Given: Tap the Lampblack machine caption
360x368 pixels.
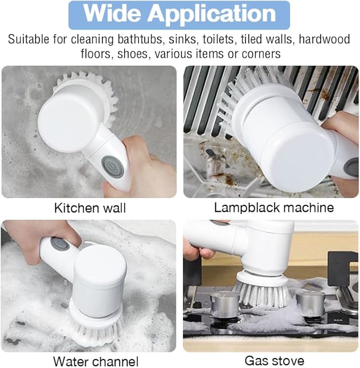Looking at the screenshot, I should [x=274, y=207].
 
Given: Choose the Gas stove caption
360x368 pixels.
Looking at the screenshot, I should [x=274, y=361].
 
